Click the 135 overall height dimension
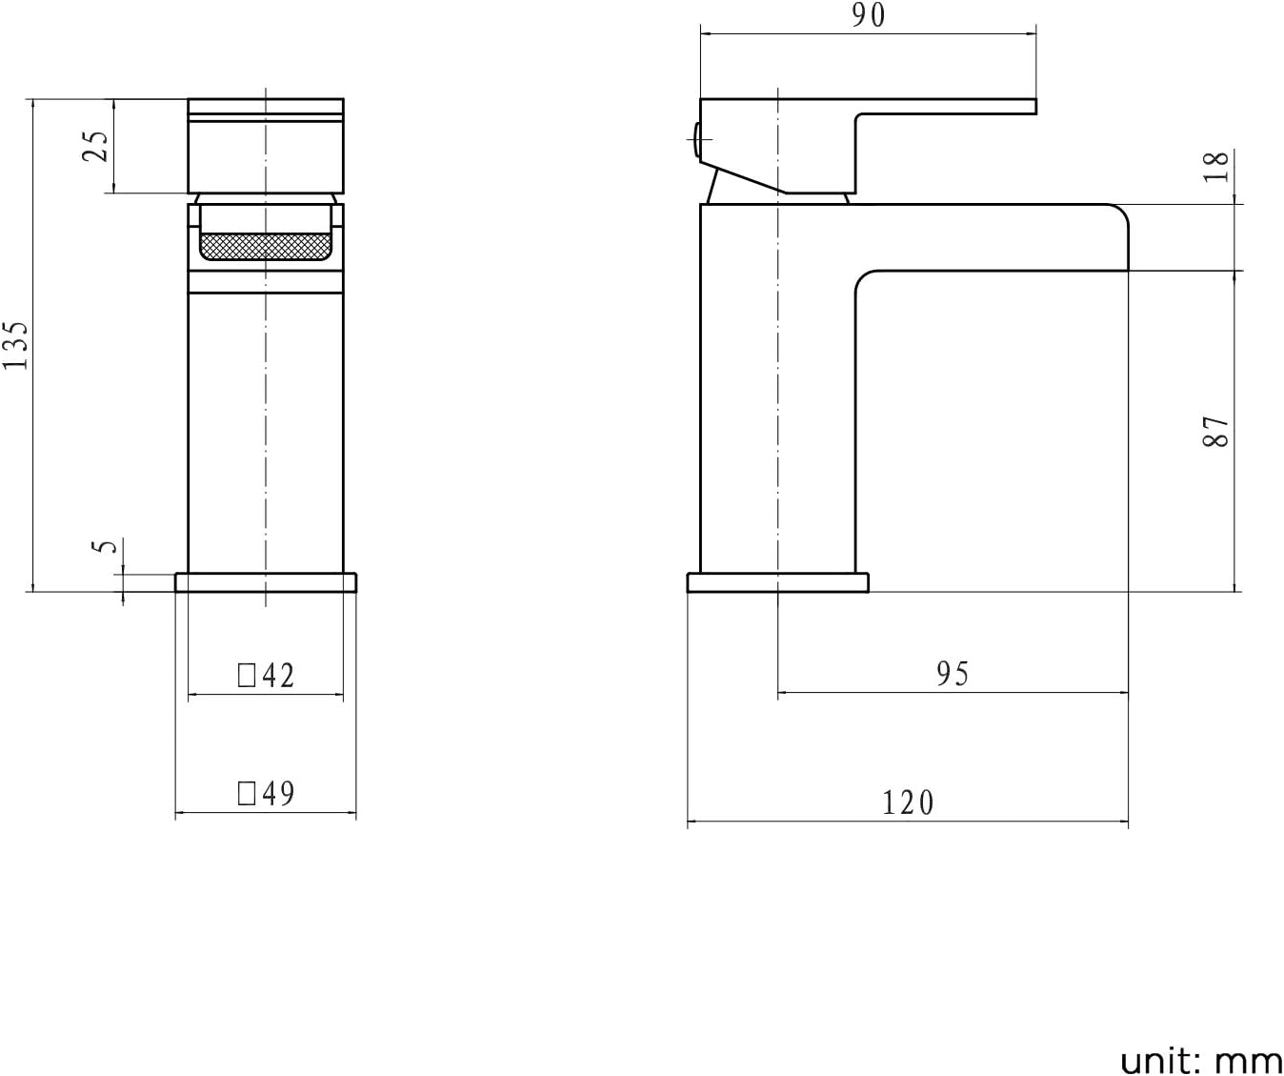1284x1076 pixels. [x=16, y=345]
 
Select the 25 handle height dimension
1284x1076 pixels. [x=97, y=145]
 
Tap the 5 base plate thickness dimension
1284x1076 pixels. [x=108, y=546]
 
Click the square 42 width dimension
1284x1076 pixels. [x=267, y=676]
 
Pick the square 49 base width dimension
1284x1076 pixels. [x=267, y=793]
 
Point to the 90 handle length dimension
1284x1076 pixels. [x=868, y=15]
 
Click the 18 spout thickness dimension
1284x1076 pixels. [x=1216, y=167]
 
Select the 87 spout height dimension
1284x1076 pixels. [x=1216, y=432]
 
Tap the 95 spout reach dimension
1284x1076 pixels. [x=952, y=674]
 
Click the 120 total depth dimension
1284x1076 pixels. [x=908, y=802]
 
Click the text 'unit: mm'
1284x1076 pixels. [x=1200, y=1060]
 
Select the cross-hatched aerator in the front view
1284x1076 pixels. [x=266, y=247]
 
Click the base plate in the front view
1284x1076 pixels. [x=266, y=582]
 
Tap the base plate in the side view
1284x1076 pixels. [x=777, y=582]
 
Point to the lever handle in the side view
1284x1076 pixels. [x=943, y=106]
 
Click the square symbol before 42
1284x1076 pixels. [x=247, y=677]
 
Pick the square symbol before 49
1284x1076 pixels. [x=247, y=794]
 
